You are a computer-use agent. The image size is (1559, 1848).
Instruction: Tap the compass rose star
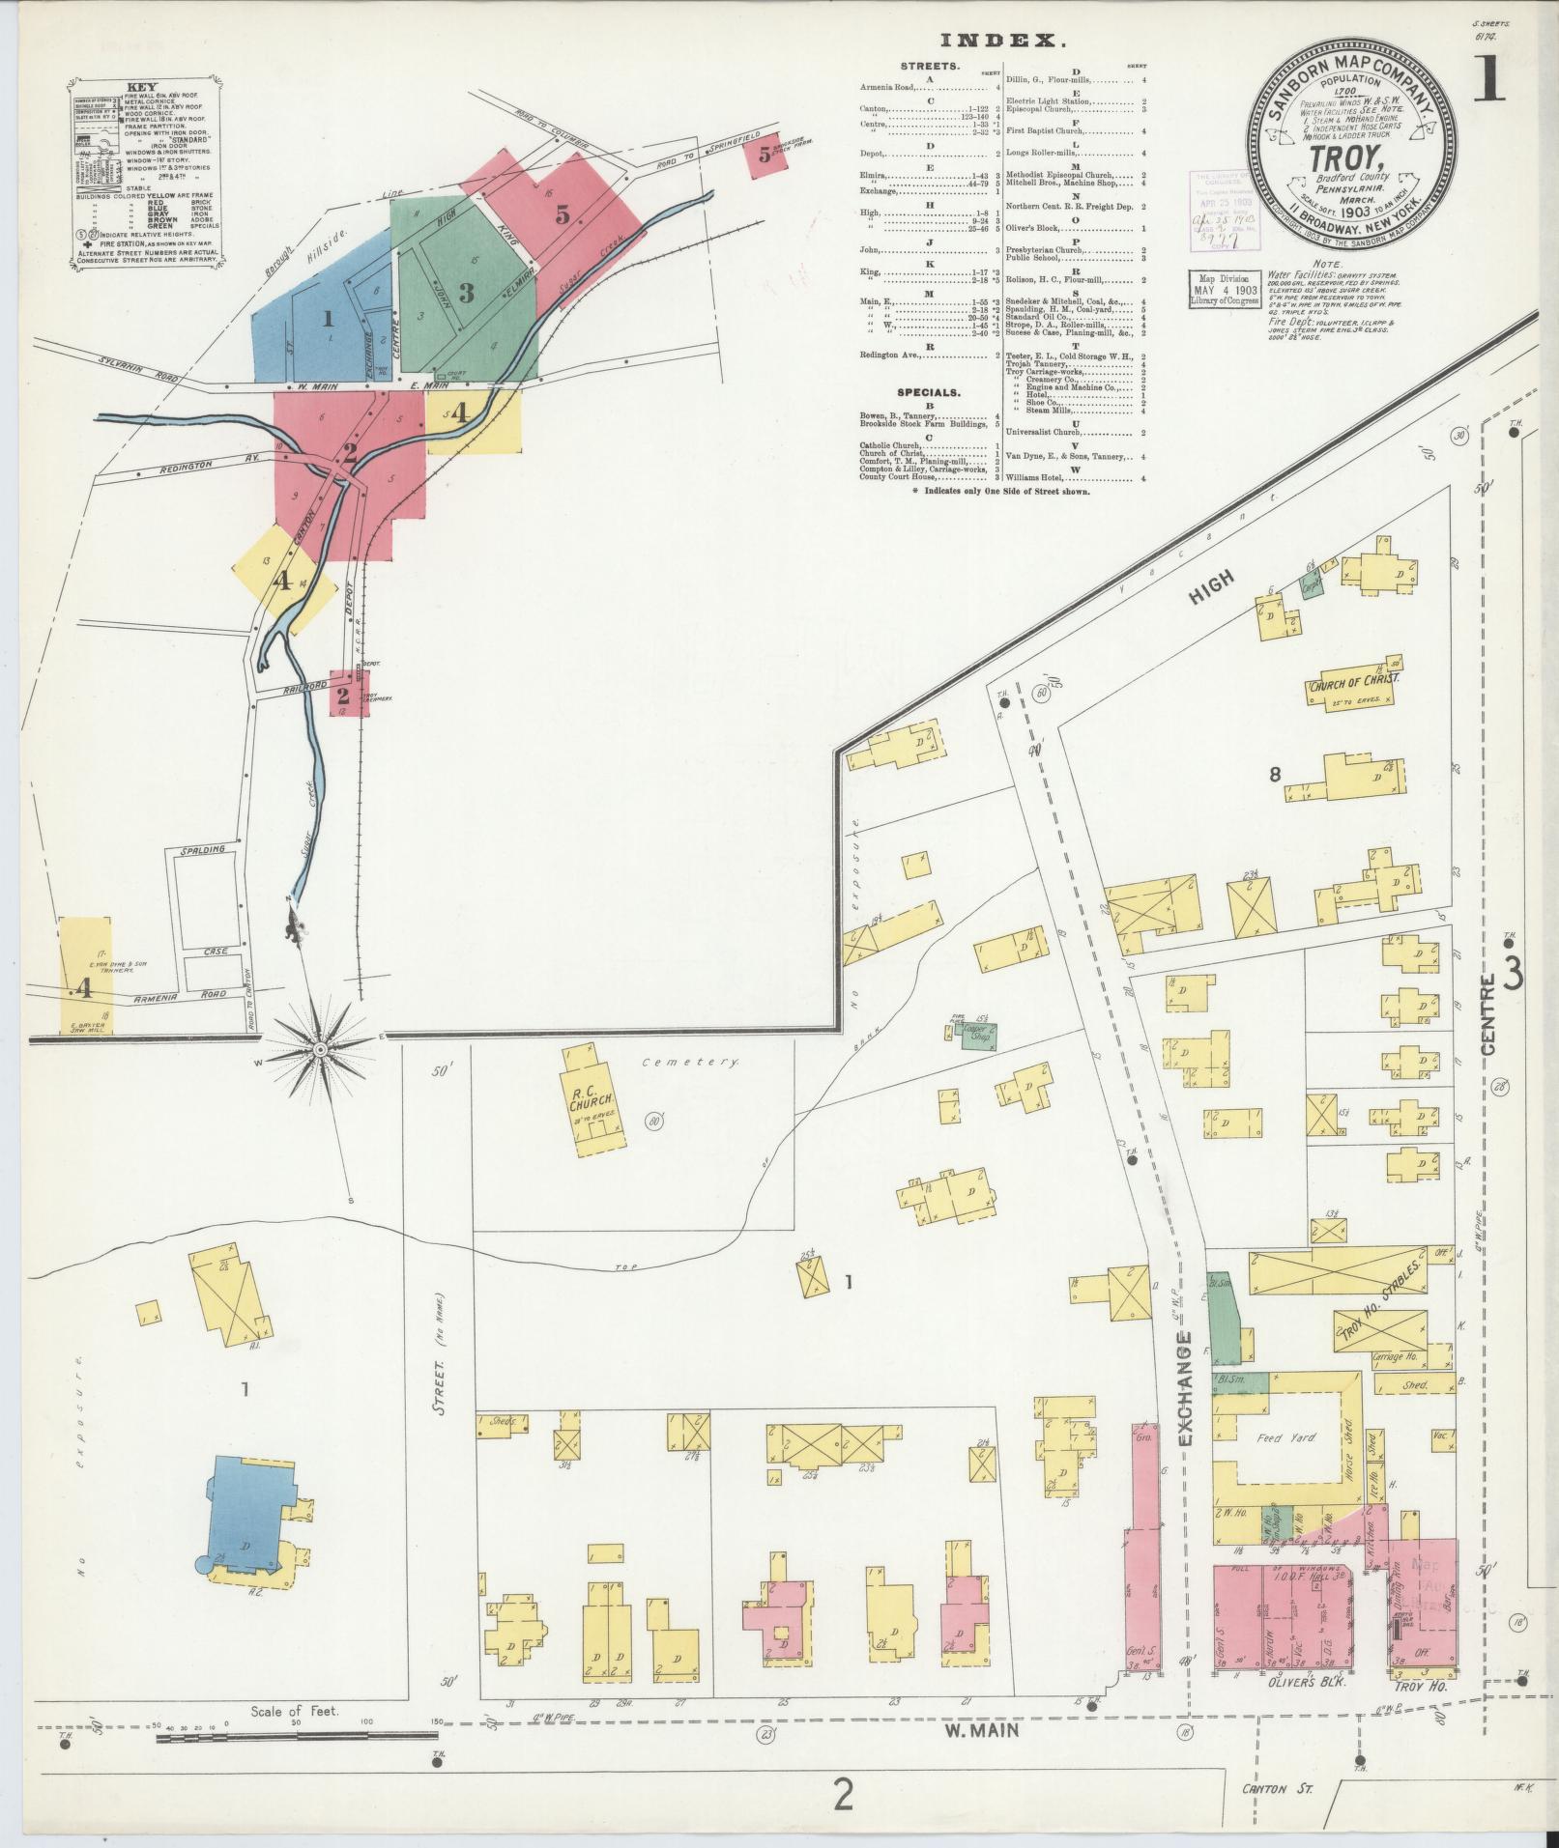320,1049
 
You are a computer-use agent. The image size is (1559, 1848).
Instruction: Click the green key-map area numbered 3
466,292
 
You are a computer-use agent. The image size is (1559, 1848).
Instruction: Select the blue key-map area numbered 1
328,318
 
